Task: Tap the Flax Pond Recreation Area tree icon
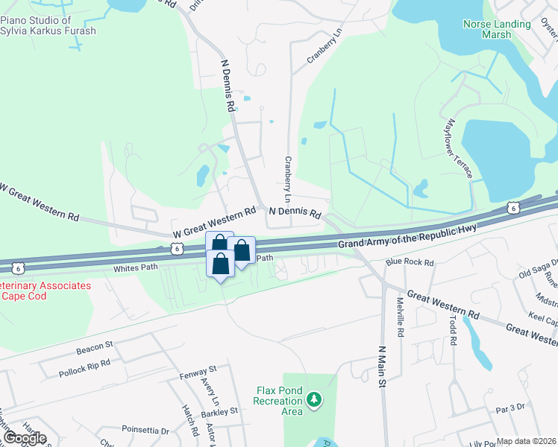(x=315, y=401)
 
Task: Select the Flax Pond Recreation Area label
(x=278, y=401)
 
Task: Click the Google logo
(x=25, y=438)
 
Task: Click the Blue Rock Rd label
(x=410, y=262)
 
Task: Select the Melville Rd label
(x=401, y=317)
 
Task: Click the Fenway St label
(x=198, y=369)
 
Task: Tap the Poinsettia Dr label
(x=145, y=430)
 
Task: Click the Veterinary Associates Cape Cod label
(x=46, y=291)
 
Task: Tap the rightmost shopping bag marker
(x=242, y=250)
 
